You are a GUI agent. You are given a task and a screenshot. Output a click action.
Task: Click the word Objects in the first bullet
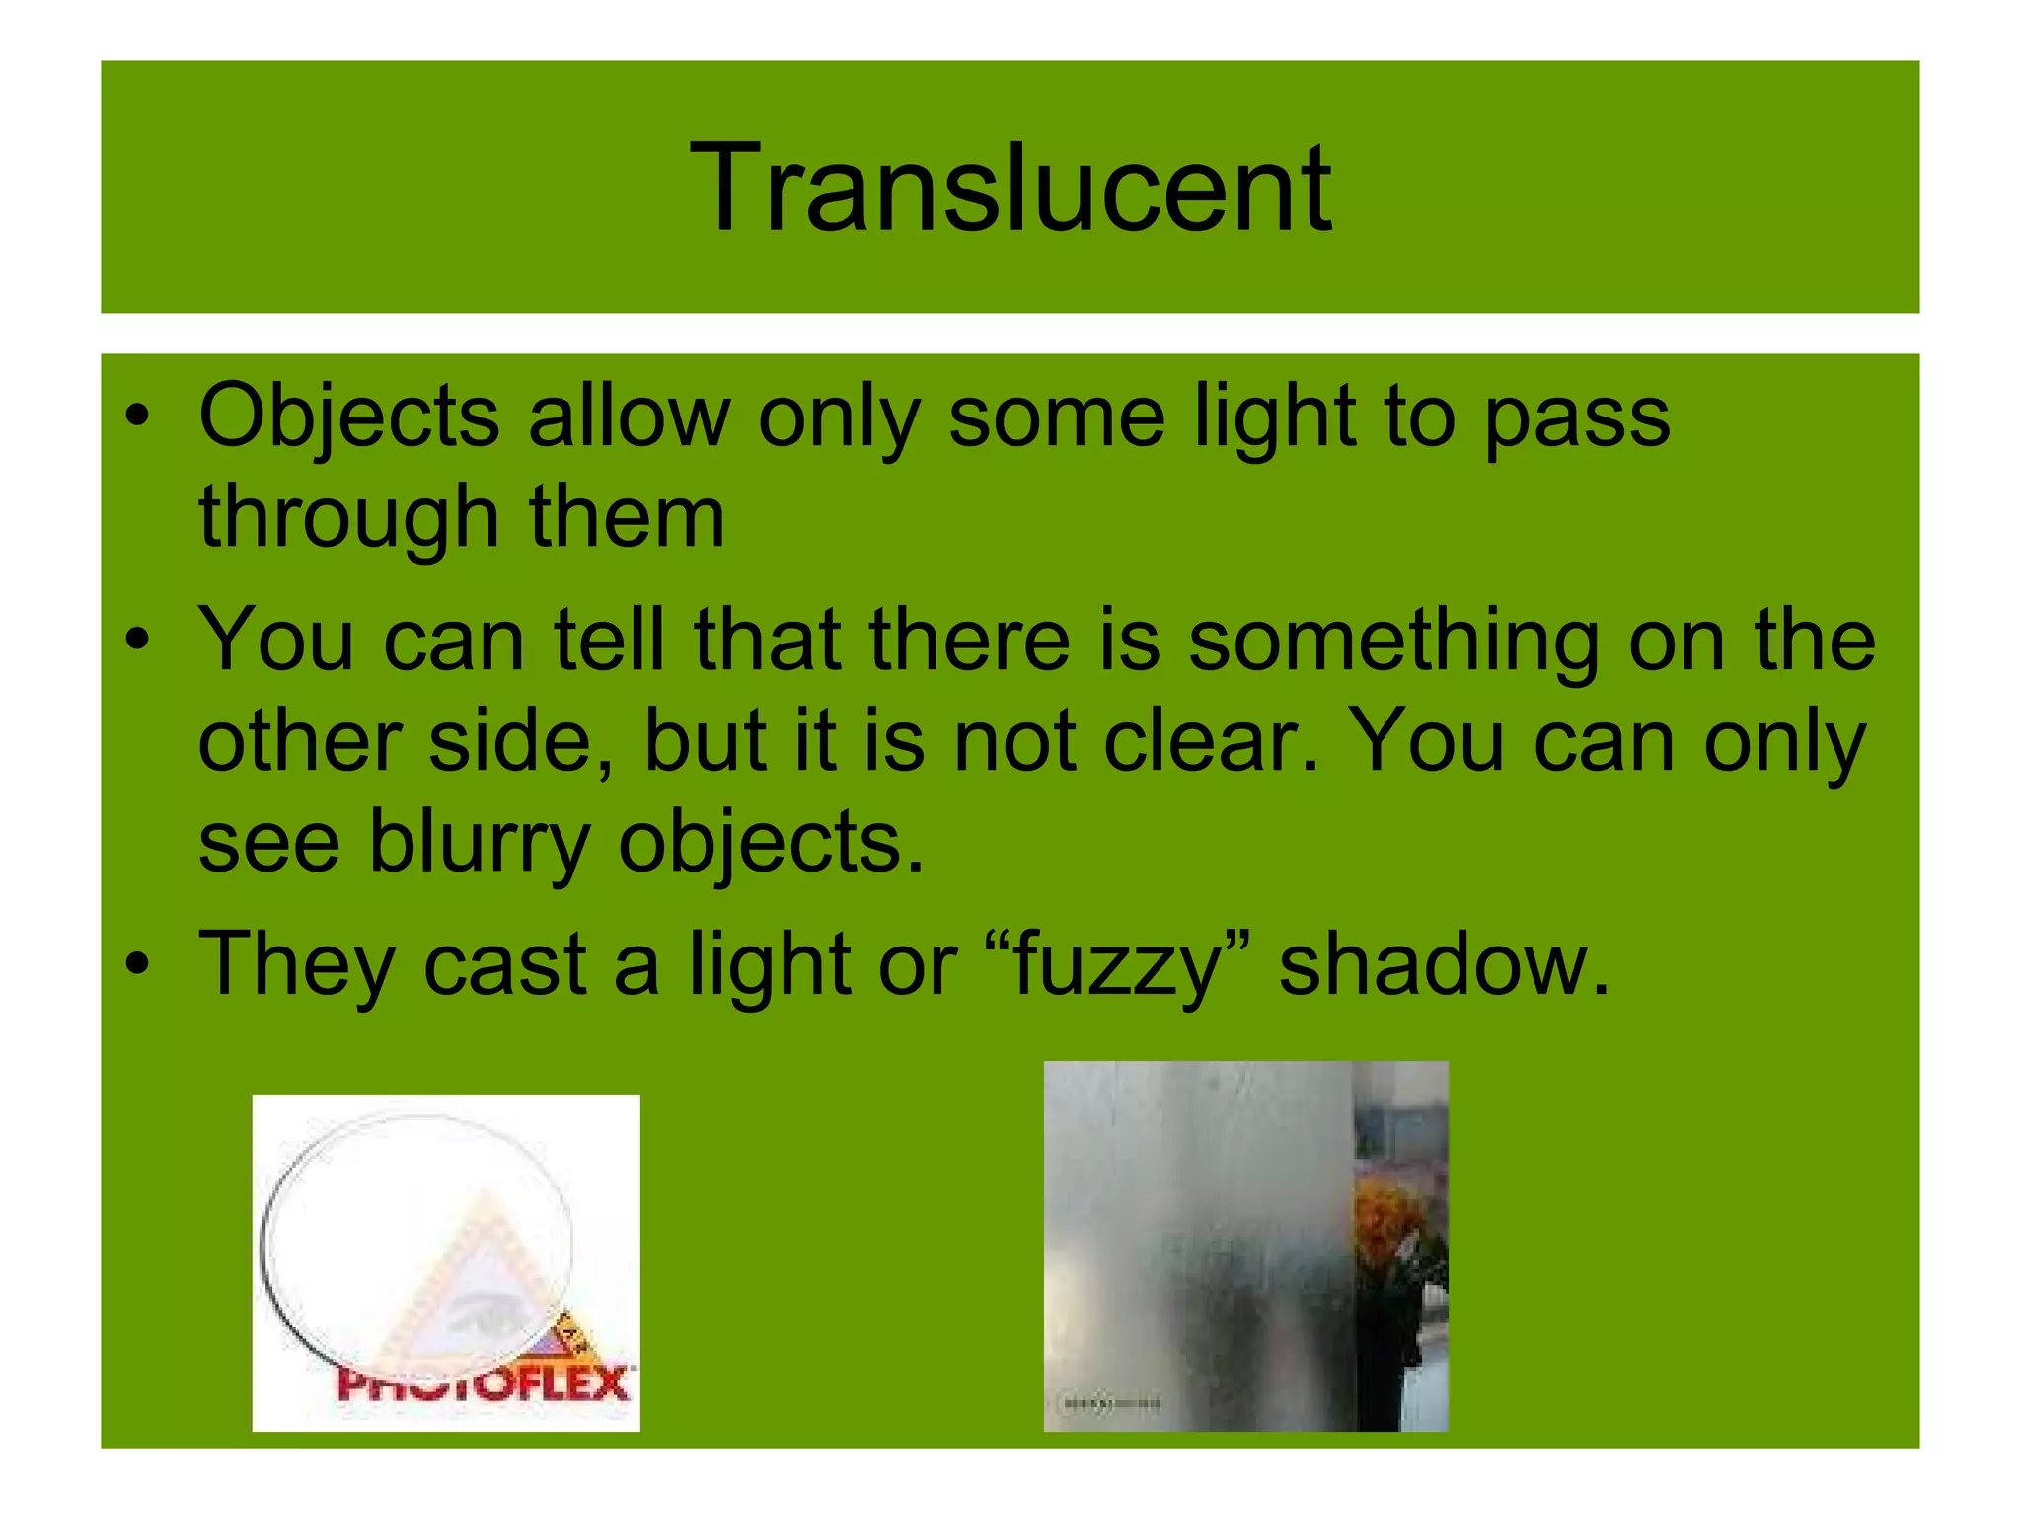pyautogui.click(x=349, y=417)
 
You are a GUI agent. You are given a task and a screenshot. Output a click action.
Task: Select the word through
pyautogui.click(x=349, y=517)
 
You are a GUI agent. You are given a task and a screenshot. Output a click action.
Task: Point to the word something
pyautogui.click(x=1393, y=643)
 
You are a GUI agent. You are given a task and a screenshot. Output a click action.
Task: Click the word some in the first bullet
pyautogui.click(x=1057, y=417)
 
